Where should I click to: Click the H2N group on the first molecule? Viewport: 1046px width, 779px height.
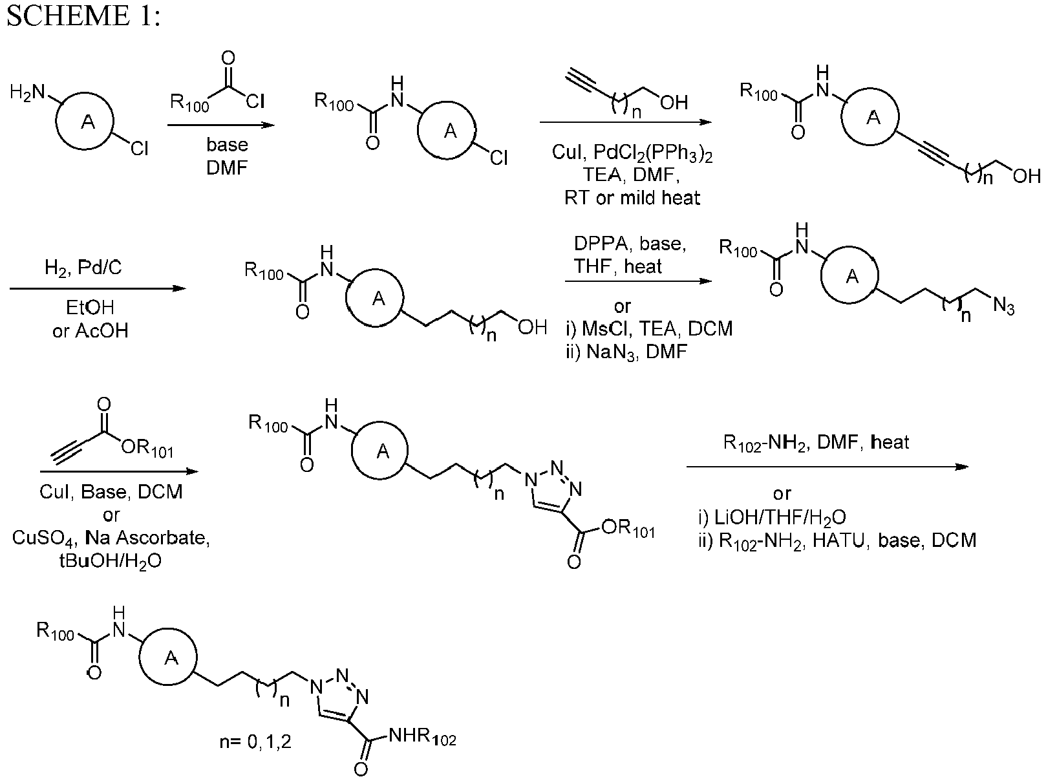(x=28, y=92)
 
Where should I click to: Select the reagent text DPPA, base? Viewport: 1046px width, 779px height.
(x=630, y=244)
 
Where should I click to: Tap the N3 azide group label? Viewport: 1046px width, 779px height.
(x=1003, y=306)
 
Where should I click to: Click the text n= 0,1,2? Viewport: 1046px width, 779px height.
(x=255, y=742)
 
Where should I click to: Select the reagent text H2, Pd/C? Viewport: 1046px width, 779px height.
(x=83, y=268)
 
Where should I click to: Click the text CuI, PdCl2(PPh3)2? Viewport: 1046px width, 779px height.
(x=632, y=153)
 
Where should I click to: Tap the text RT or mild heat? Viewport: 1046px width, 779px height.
(x=632, y=198)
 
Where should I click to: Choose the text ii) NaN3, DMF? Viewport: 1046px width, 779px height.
(x=626, y=352)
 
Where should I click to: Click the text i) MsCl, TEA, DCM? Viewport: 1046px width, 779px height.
(x=650, y=328)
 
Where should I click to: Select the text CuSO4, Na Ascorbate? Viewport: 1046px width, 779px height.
(x=111, y=538)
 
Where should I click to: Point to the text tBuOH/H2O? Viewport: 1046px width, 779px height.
(x=111, y=561)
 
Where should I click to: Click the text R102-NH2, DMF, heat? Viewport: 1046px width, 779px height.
(x=816, y=442)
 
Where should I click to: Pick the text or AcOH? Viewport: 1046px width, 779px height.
(x=90, y=331)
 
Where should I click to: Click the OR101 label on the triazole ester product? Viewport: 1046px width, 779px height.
(x=628, y=529)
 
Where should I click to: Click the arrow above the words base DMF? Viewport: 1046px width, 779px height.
(x=220, y=125)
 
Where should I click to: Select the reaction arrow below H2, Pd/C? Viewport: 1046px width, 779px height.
(x=98, y=288)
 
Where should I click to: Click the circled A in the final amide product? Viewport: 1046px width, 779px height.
(x=168, y=657)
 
